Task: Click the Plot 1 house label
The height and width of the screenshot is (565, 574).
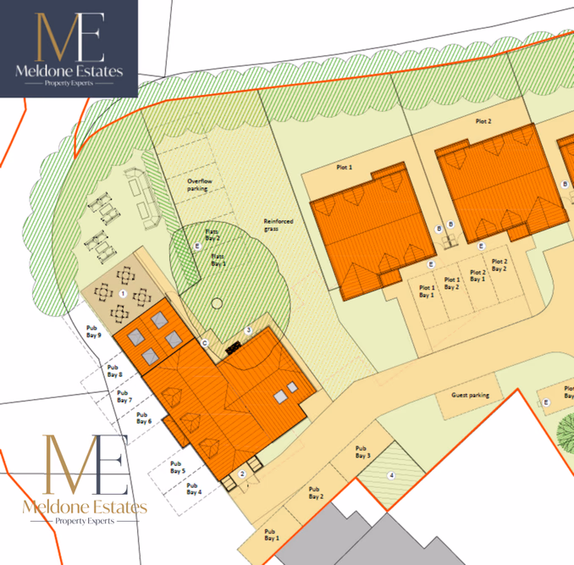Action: pos(344,168)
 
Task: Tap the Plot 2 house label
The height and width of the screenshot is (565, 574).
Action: pos(483,122)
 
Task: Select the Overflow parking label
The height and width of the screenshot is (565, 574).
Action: pos(197,185)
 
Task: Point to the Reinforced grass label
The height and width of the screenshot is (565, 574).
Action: pos(278,224)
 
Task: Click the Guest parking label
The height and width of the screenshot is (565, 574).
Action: pos(471,396)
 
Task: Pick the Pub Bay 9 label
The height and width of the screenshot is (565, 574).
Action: pos(94,332)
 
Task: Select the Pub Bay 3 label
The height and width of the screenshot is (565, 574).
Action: pos(363,452)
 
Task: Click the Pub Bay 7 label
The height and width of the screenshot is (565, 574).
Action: pos(124,396)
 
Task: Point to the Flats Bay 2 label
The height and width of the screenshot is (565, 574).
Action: pos(212,235)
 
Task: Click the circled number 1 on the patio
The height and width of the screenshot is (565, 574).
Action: pos(123,292)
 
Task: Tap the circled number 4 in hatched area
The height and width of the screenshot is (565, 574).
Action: pos(391,475)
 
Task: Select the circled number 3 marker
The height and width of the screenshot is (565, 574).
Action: pos(248,330)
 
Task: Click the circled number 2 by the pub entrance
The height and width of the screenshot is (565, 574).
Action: pos(242,474)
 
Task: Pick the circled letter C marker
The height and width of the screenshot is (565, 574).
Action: pos(204,342)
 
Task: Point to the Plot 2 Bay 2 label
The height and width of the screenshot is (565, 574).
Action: pos(499,265)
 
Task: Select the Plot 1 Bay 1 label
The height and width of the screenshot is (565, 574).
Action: pos(426,291)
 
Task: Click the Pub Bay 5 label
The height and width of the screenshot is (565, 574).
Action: pos(176,468)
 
